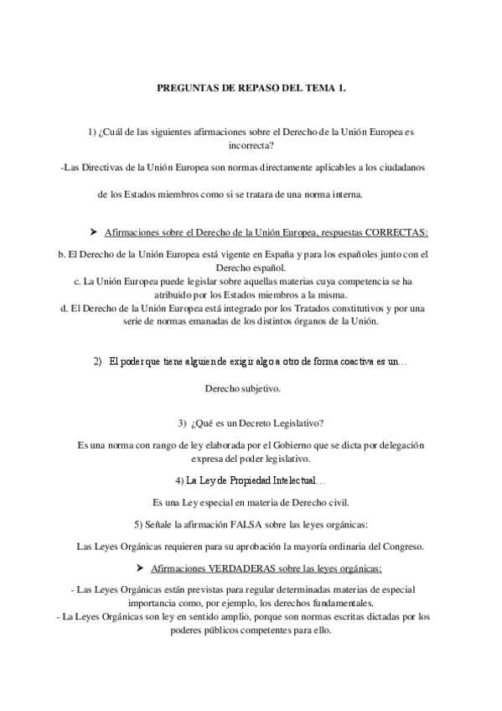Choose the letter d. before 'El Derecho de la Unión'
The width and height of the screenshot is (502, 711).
tap(65, 309)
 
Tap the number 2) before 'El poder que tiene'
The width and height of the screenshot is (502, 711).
tap(97, 361)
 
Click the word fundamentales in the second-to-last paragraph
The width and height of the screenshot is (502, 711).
tap(338, 604)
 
